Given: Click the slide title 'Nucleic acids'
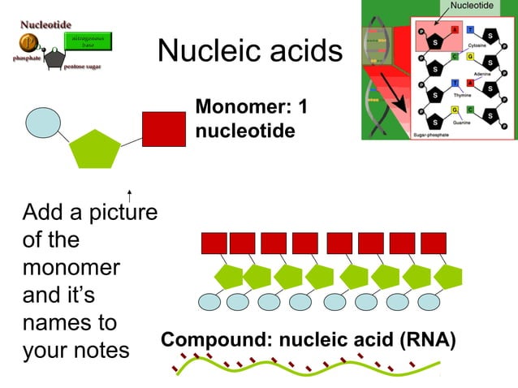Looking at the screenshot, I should [250, 51].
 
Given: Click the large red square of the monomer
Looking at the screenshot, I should [164, 129].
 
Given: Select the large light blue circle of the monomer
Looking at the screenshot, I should [43, 123].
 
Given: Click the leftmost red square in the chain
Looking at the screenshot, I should [213, 243].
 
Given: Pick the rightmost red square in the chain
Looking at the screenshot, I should [434, 243].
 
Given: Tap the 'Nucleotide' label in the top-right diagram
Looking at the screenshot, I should [471, 6].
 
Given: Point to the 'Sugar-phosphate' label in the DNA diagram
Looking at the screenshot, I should [436, 133].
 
